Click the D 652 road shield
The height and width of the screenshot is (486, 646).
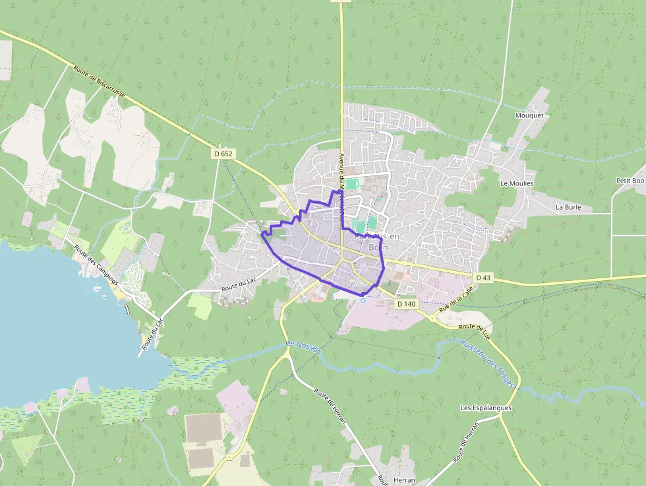[223, 153]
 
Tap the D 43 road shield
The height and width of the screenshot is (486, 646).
[483, 278]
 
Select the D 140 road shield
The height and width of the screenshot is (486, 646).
[407, 304]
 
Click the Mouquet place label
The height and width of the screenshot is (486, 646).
[529, 115]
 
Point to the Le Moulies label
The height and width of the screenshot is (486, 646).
[517, 183]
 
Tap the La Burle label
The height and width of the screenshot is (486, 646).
[568, 206]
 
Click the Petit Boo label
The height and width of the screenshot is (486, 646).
[630, 180]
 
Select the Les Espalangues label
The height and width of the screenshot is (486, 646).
[486, 408]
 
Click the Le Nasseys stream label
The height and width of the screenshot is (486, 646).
[303, 348]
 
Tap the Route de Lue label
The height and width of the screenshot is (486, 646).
[475, 328]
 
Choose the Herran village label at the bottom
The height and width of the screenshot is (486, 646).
[403, 480]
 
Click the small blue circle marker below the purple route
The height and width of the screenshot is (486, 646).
[363, 301]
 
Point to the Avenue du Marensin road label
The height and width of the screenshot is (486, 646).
[341, 188]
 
